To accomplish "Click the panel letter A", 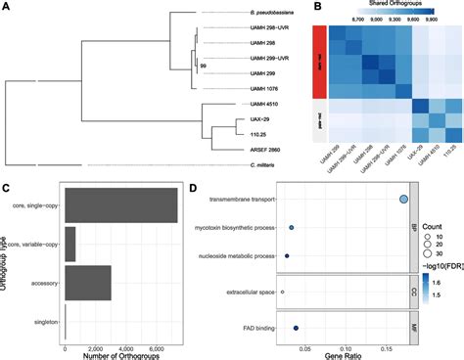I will [x=7, y=8].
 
